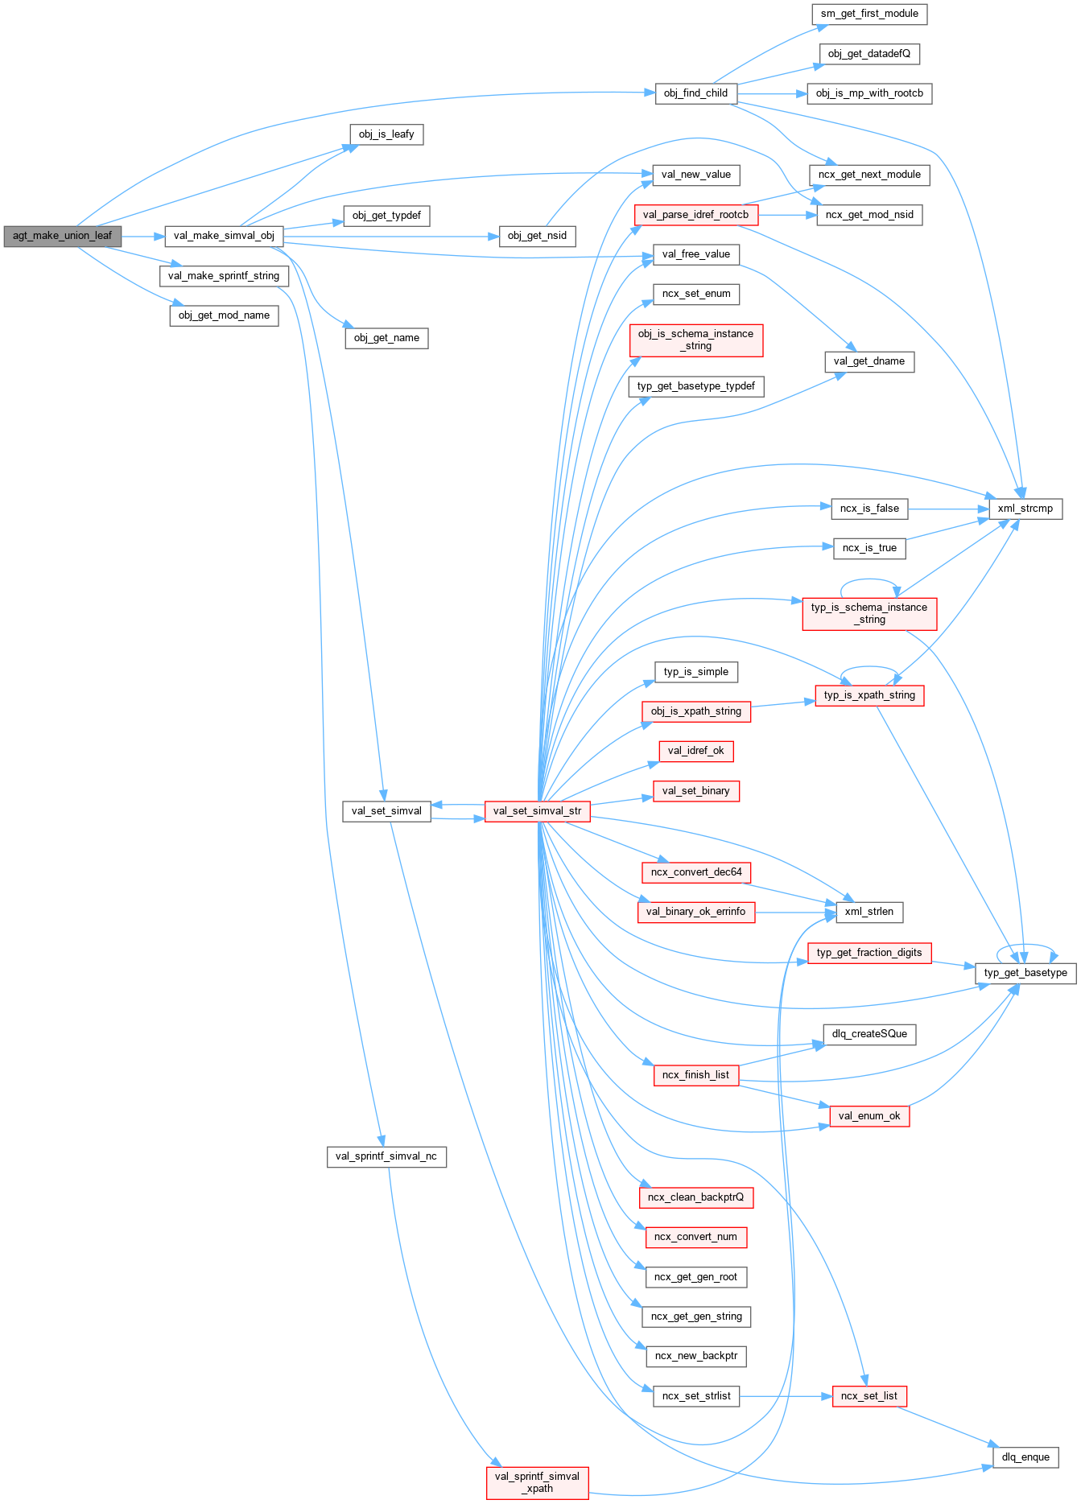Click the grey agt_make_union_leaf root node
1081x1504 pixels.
coord(62,236)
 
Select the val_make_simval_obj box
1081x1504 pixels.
coord(224,236)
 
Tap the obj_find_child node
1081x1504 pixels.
coord(695,93)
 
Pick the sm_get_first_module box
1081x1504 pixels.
coord(869,14)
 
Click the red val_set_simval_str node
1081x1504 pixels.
coord(537,811)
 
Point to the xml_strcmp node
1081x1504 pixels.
coord(1025,509)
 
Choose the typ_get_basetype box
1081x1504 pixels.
coord(1025,973)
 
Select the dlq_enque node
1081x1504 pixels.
coord(1025,1457)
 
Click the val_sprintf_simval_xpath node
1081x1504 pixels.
coord(537,1482)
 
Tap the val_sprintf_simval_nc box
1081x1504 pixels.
coord(386,1156)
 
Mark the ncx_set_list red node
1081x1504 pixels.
coord(869,1396)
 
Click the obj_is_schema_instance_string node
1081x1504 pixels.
coord(695,340)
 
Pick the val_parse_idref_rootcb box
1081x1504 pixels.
coord(695,215)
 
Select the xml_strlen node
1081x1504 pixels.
coord(869,912)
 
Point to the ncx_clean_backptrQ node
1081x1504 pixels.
coord(695,1197)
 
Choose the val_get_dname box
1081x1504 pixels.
coord(869,361)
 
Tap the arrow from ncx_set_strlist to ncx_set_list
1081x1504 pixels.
coord(785,1396)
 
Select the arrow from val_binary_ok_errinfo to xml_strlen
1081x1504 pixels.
coord(793,913)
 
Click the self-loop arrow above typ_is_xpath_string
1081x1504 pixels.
coord(869,667)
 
